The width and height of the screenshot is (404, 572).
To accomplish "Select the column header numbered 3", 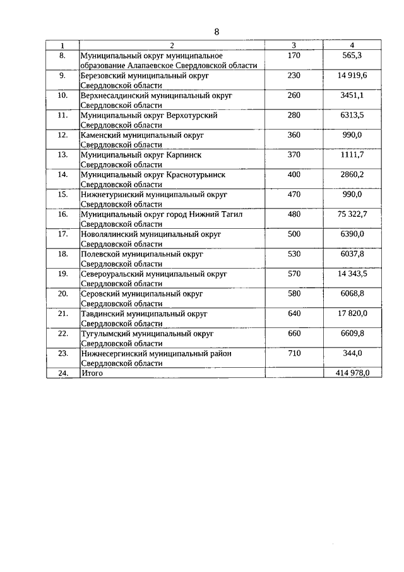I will [294, 46].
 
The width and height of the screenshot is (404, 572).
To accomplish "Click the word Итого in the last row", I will [92, 374].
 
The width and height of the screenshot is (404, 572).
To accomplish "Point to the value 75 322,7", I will [352, 214].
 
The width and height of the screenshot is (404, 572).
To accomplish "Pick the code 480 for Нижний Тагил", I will [294, 214].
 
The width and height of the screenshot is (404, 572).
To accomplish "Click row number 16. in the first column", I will [62, 214].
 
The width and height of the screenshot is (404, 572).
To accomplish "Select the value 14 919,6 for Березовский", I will [352, 75].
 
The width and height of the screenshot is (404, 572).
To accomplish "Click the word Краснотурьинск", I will [196, 174].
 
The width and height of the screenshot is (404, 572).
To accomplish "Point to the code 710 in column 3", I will [294, 353].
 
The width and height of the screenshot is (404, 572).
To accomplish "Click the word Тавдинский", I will [102, 314].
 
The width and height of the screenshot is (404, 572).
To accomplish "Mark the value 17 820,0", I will [352, 314].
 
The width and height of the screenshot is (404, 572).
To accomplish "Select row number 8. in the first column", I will [62, 56].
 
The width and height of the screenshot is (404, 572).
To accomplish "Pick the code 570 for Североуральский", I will [294, 274].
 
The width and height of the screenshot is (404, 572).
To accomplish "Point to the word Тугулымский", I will [104, 334].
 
